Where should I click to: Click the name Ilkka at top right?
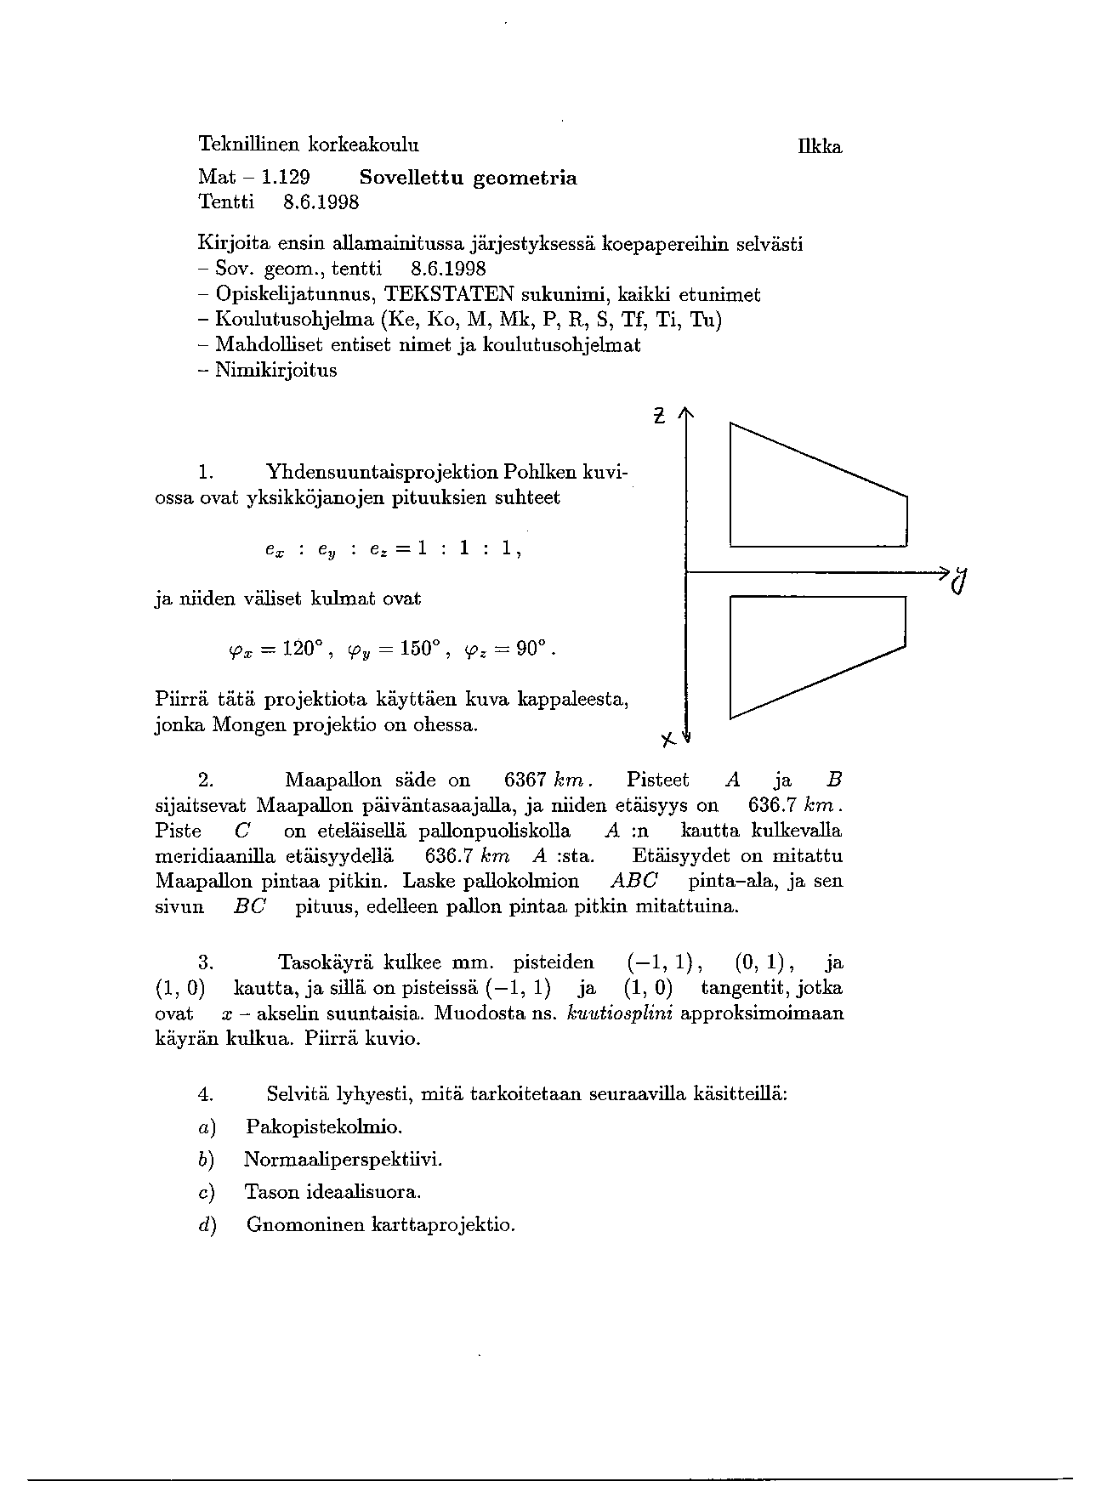tap(820, 147)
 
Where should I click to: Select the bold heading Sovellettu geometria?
tap(468, 178)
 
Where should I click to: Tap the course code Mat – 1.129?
tap(253, 178)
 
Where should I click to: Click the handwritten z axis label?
tap(659, 417)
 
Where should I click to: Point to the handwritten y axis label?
tap(960, 581)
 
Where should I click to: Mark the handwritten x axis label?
tap(668, 739)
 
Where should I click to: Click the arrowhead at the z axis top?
tap(686, 414)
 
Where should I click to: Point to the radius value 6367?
tap(525, 780)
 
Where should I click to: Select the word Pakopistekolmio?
tap(323, 1127)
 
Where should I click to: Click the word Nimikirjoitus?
tap(275, 371)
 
